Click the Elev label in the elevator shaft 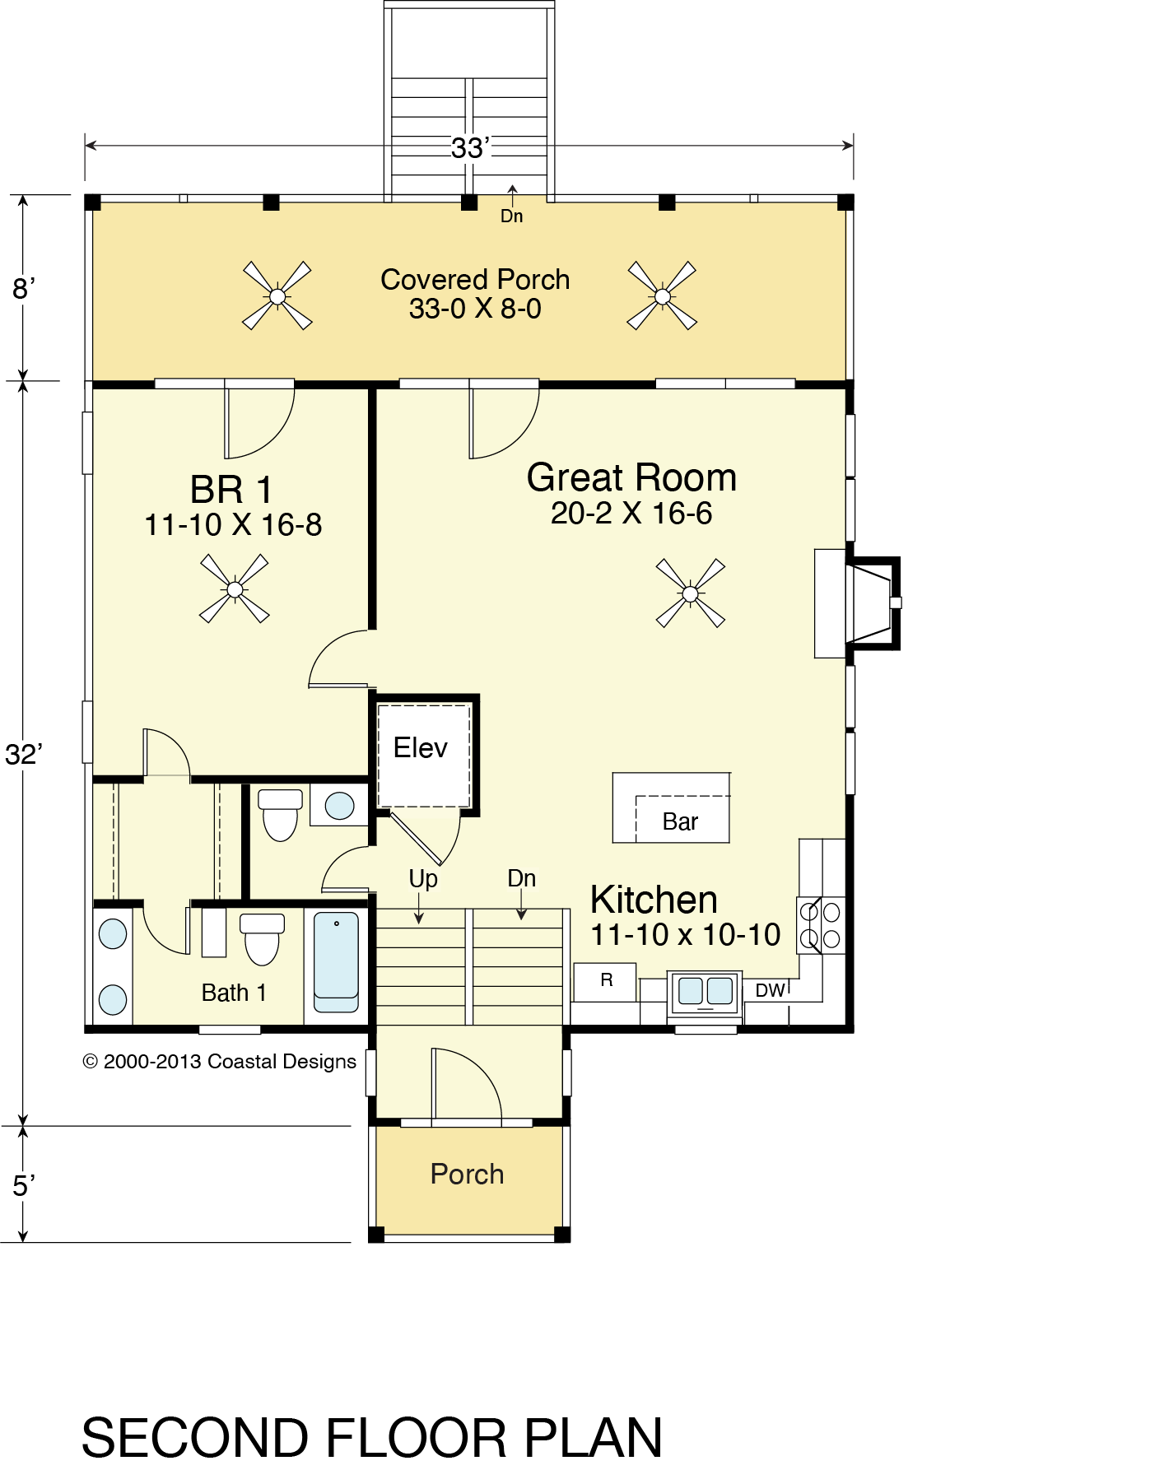coord(420,747)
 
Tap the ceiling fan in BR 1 coord(235,588)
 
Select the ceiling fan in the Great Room coord(691,593)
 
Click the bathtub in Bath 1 coord(336,962)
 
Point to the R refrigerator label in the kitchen coord(607,979)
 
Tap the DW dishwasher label coord(770,990)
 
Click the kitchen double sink coord(706,993)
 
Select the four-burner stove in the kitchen coord(821,924)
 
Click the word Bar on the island coord(680,821)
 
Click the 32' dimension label coord(24,754)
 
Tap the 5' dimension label coord(24,1185)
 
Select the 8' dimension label coord(24,289)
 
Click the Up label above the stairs coord(423,879)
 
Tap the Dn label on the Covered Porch coord(511,216)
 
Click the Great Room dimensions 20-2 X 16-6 coord(631,513)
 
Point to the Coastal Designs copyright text coord(220,1061)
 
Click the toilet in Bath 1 coord(263,938)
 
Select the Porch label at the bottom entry coord(467,1174)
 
